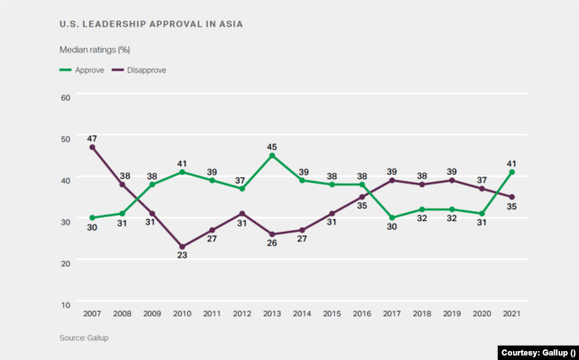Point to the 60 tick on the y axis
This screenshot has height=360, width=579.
coord(66,97)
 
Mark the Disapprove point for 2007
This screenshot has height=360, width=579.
coord(92,147)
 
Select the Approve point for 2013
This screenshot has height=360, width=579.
coord(272,155)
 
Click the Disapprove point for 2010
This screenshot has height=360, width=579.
coord(182,247)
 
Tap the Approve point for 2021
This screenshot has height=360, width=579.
coord(512,172)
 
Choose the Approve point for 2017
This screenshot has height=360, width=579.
coord(392,217)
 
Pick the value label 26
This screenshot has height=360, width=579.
coord(272,248)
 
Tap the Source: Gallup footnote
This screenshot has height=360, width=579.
coord(85,338)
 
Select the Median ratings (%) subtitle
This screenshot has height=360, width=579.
coord(94,50)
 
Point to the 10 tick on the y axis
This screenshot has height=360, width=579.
coord(66,304)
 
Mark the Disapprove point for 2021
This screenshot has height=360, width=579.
coord(512,197)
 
